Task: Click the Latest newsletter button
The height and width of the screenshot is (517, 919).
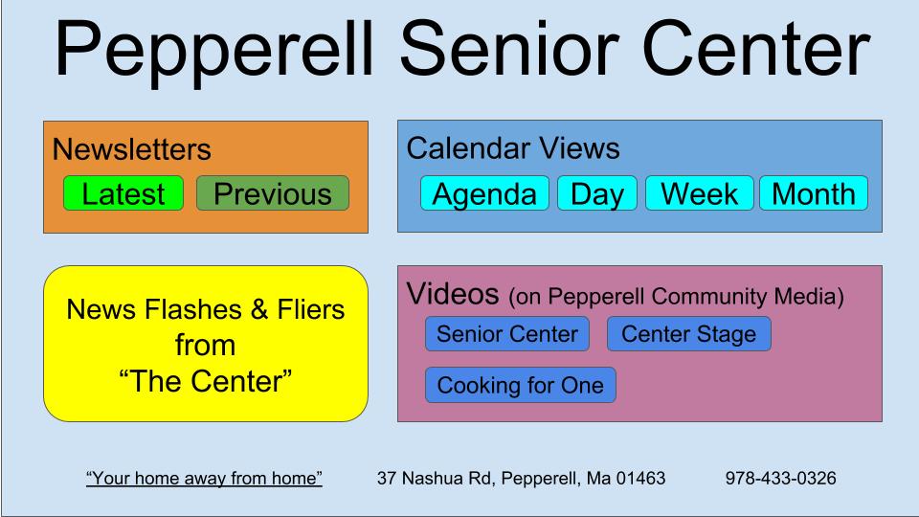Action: [123, 193]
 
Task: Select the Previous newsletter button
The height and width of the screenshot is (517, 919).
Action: [273, 193]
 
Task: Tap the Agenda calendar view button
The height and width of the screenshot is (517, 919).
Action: [484, 193]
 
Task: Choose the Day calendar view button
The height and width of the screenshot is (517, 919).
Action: [597, 193]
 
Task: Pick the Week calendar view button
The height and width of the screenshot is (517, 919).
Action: [699, 193]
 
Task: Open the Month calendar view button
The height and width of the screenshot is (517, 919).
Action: [813, 193]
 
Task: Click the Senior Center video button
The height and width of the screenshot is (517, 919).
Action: [506, 334]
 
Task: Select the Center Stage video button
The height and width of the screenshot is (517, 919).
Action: [688, 334]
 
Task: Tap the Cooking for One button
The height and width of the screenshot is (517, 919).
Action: [520, 385]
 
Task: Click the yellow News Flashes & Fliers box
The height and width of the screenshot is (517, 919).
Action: [206, 344]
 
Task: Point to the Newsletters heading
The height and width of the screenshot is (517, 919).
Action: [131, 149]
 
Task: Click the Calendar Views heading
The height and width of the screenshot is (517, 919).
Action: [512, 148]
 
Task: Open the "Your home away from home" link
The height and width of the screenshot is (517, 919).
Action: [204, 477]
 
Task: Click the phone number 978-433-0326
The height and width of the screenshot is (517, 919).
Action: [780, 477]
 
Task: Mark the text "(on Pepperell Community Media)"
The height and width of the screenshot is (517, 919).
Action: [676, 297]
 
